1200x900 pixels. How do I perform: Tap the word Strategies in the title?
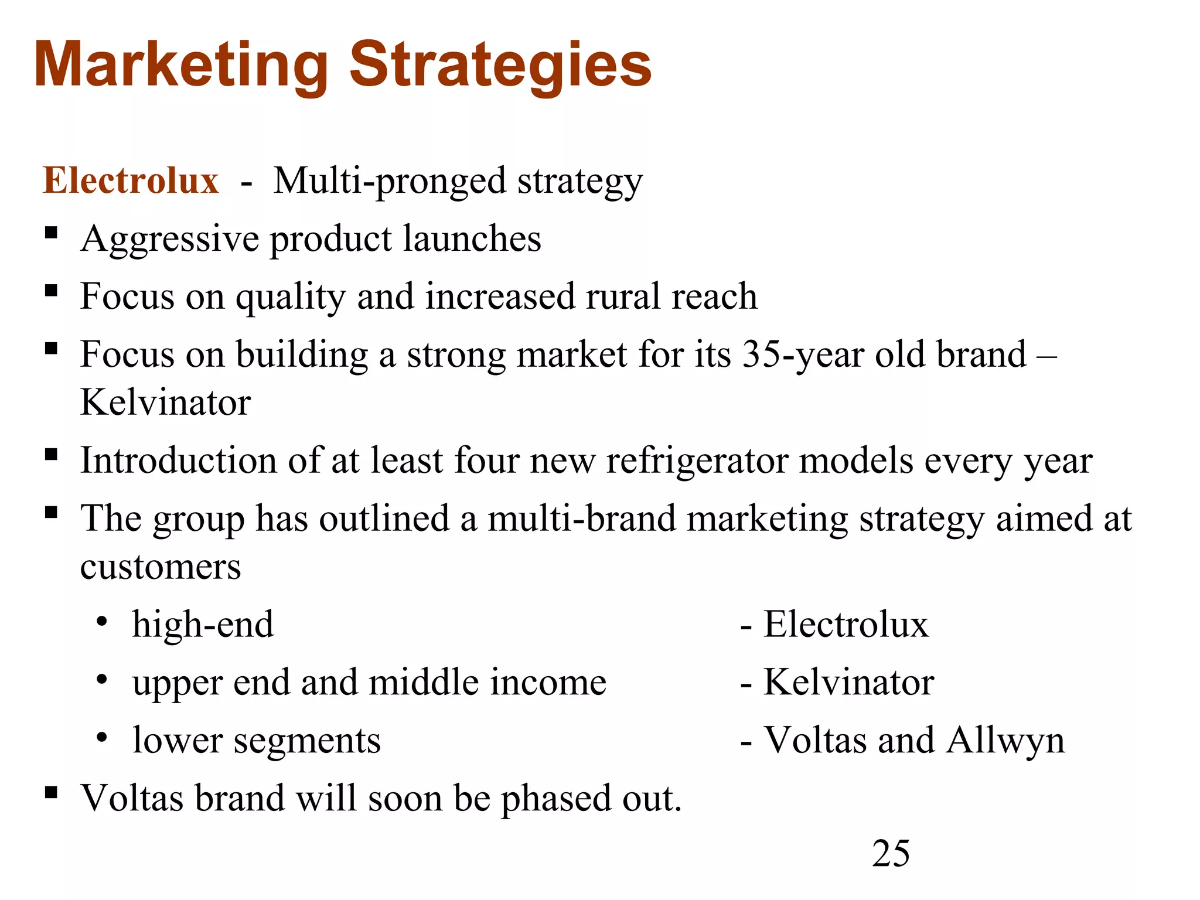pyautogui.click(x=500, y=66)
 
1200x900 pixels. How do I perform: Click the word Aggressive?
pyautogui.click(x=170, y=240)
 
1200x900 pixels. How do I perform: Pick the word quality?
pyautogui.click(x=291, y=297)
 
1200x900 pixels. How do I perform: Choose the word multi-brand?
pyautogui.click(x=581, y=519)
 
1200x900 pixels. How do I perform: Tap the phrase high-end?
pyautogui.click(x=203, y=624)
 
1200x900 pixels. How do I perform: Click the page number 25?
pyautogui.click(x=891, y=853)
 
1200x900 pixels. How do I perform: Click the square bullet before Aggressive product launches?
pyautogui.click(x=52, y=234)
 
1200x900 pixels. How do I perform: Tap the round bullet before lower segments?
pyautogui.click(x=102, y=737)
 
